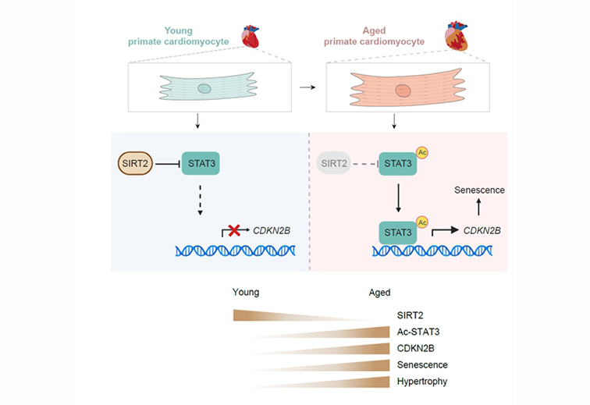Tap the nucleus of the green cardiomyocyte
[x=204, y=88]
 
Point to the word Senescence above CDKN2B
[x=478, y=190]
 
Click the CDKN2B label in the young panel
[x=269, y=231]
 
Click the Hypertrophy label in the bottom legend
[x=421, y=381]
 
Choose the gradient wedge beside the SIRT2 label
[x=304, y=316]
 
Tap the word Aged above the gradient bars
[x=379, y=293]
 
